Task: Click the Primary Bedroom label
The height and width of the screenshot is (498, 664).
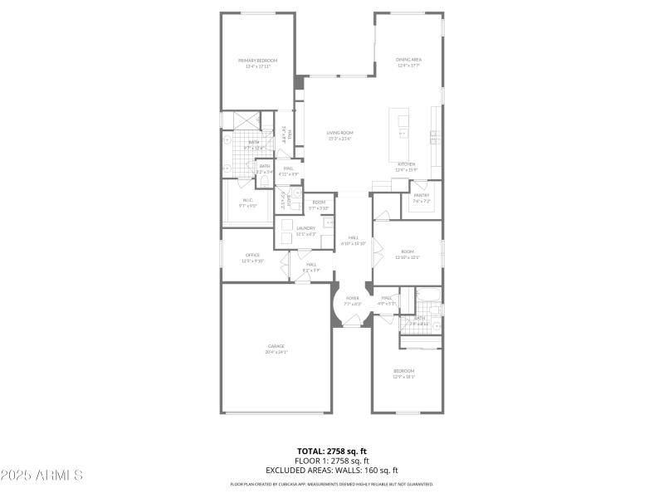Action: pyautogui.click(x=257, y=61)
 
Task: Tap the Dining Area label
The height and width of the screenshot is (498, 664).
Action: pyautogui.click(x=408, y=60)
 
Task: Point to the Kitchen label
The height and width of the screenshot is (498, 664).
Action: pyautogui.click(x=407, y=164)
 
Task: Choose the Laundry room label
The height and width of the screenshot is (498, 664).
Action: pyautogui.click(x=306, y=228)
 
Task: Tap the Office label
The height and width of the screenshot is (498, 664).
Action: pyautogui.click(x=252, y=255)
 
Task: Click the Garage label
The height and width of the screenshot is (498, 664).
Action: pyautogui.click(x=276, y=346)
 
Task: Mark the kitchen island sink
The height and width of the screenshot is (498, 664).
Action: pyautogui.click(x=403, y=133)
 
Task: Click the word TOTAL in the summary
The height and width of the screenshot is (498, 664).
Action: pyautogui.click(x=312, y=452)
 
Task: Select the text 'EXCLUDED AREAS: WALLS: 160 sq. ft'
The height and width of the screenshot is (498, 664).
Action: pyautogui.click(x=332, y=470)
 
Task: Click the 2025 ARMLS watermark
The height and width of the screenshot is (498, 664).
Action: pyautogui.click(x=41, y=476)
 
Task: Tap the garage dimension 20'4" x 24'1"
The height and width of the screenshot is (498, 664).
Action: pyautogui.click(x=276, y=352)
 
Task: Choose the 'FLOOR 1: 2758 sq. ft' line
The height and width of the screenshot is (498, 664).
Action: pyautogui.click(x=332, y=461)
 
